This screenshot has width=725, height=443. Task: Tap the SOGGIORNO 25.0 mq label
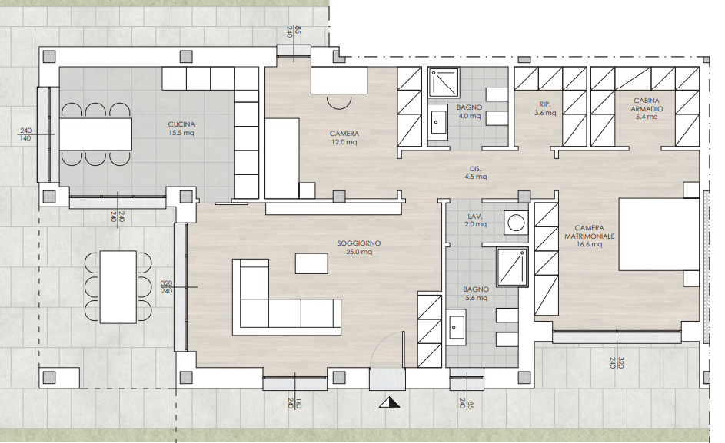(359, 247)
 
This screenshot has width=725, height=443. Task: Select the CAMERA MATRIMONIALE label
(589, 236)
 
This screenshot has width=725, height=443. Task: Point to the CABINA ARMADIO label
(647, 108)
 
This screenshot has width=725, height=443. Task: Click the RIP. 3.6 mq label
(545, 108)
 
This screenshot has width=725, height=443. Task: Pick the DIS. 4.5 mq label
(475, 172)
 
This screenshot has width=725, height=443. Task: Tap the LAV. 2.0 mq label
(475, 220)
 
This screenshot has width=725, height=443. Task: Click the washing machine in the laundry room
(516, 223)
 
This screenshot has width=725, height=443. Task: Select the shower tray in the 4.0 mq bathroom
(444, 81)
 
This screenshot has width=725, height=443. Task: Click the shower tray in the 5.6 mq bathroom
(512, 267)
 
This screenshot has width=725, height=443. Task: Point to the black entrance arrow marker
(390, 403)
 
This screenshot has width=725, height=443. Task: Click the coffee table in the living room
(311, 263)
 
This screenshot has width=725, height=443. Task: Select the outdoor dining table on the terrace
(118, 287)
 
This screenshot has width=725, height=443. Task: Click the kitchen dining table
(95, 134)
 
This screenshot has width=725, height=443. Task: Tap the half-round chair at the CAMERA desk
(338, 102)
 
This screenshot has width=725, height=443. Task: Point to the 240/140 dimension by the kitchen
(25, 134)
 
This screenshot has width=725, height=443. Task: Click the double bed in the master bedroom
(658, 235)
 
